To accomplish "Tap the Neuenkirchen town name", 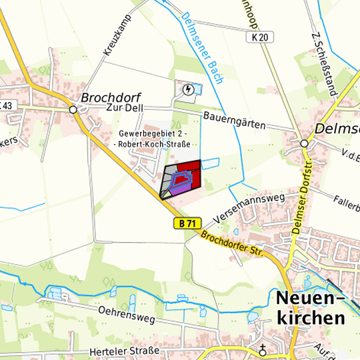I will pyautogui.click(x=310, y=307).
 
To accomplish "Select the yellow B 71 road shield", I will pyautogui.click(x=187, y=224).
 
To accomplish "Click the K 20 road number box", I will pyautogui.click(x=262, y=38).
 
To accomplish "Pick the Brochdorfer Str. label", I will pyautogui.click(x=233, y=244).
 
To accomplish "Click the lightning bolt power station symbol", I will pyautogui.click(x=189, y=89).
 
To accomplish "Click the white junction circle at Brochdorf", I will pyautogui.click(x=72, y=109).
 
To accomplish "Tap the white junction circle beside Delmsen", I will pyautogui.click(x=304, y=143).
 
